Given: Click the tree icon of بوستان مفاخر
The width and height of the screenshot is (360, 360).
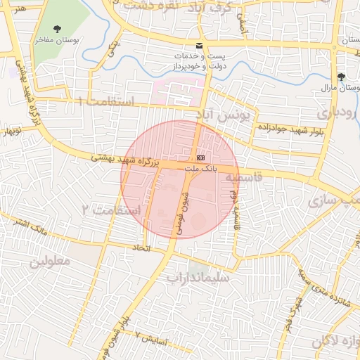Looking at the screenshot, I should (57, 30).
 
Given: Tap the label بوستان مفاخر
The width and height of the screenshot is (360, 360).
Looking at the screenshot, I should (57, 40).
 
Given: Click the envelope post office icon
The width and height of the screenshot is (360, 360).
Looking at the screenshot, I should (200, 44).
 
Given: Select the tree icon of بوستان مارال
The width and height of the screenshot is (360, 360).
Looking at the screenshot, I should (341, 76).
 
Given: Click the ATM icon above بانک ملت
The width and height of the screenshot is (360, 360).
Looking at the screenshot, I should (201, 157).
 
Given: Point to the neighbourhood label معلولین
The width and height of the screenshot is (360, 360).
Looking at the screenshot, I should (50, 261).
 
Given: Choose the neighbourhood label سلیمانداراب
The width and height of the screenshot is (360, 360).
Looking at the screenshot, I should (198, 277).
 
